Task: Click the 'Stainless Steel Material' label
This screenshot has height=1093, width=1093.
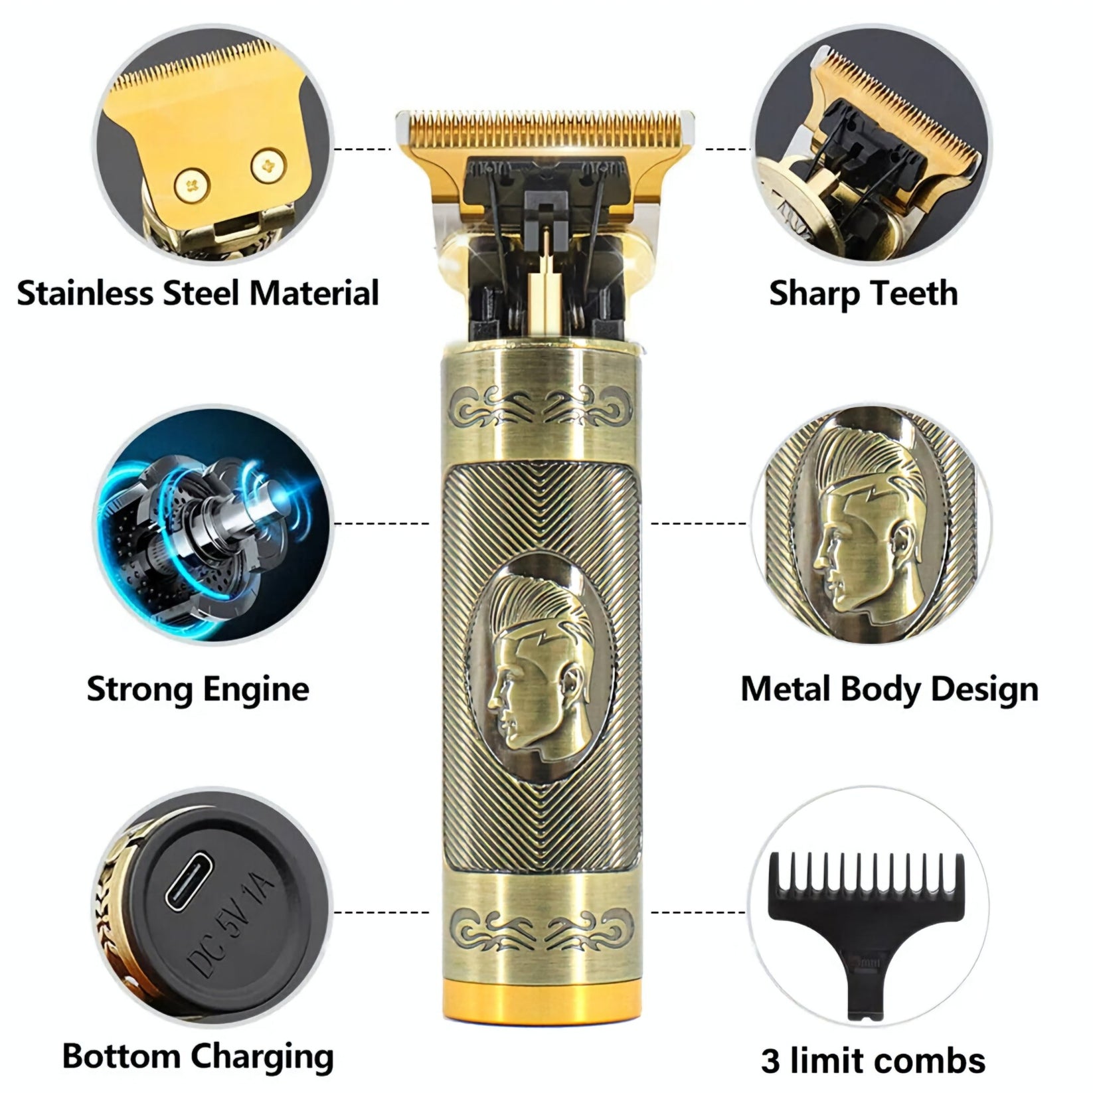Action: coord(198,294)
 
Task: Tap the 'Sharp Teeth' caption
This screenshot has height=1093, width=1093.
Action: coord(863,294)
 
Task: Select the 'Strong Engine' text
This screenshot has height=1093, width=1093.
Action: coord(198,689)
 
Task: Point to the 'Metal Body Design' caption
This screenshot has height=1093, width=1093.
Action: coord(889,689)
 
